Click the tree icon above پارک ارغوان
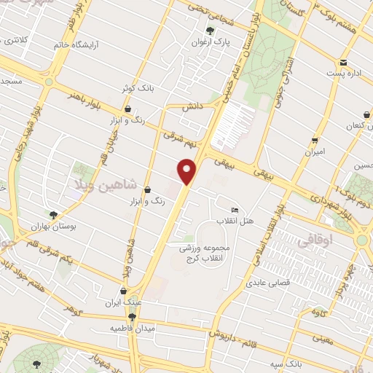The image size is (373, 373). (210, 31)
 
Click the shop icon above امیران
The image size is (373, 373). (315, 141)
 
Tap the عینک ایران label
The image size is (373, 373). (122, 302)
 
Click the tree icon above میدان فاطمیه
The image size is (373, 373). (132, 317)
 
